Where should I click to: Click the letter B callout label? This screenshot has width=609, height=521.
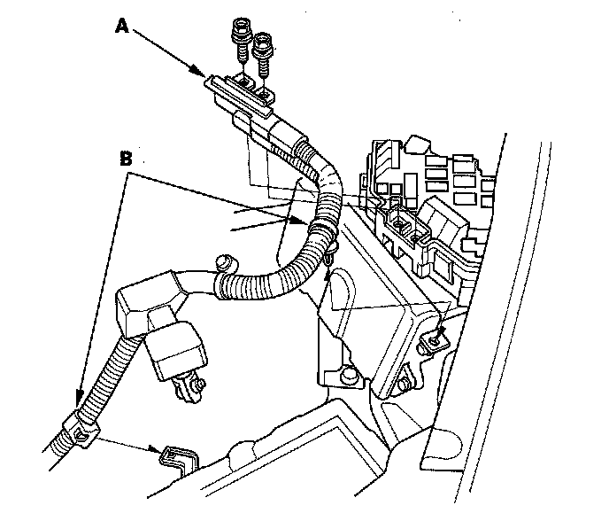point(126,160)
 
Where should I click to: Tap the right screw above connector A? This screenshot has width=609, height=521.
point(262,53)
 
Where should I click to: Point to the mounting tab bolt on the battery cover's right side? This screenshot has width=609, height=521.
point(433,336)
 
